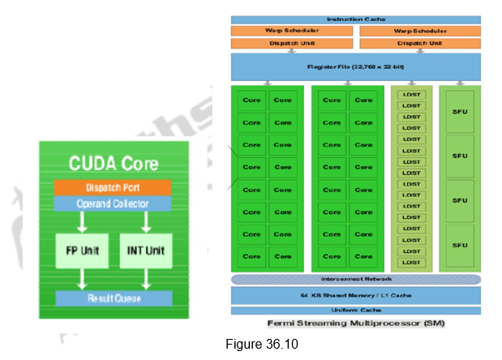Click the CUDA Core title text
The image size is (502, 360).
click(113, 162)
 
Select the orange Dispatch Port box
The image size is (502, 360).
click(113, 186)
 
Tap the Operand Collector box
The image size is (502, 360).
click(113, 203)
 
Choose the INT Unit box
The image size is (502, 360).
click(146, 251)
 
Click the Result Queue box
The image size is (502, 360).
click(113, 298)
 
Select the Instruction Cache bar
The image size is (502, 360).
click(356, 19)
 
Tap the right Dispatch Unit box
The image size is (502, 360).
click(419, 42)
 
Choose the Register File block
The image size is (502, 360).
click(356, 66)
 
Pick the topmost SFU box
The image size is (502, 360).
click(460, 109)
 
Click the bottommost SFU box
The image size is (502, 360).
click(460, 246)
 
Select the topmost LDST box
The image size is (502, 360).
click(410, 96)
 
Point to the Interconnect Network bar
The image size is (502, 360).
click(356, 280)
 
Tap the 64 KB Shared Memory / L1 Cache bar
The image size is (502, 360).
click(356, 295)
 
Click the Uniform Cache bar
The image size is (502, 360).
click(356, 311)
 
